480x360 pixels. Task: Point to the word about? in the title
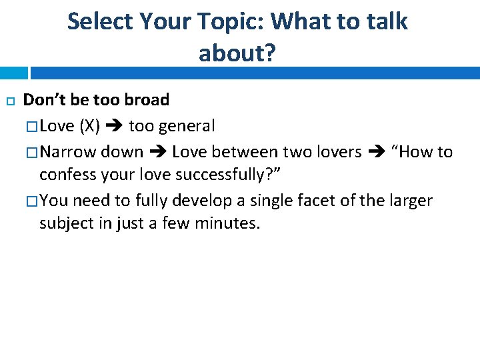click(237, 53)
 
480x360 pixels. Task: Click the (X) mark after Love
click(90, 126)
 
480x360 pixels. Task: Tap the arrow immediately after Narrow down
click(157, 152)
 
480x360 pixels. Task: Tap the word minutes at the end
click(227, 223)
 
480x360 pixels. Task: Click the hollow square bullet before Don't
click(9, 101)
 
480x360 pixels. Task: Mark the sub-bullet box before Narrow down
click(33, 153)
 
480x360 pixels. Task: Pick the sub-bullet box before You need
click(33, 201)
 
